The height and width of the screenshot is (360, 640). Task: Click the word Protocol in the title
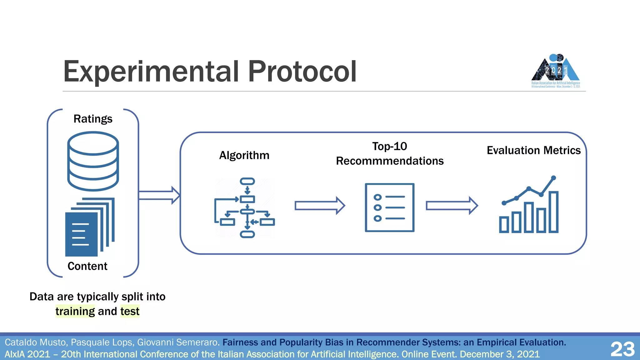click(302, 72)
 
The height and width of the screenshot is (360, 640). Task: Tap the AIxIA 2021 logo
click(556, 71)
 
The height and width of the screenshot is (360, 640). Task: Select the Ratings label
click(93, 119)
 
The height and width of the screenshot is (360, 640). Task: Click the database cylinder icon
click(93, 161)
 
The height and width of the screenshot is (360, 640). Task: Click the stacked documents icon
click(89, 227)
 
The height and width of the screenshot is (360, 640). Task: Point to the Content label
click(87, 266)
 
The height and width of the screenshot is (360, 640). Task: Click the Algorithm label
click(244, 155)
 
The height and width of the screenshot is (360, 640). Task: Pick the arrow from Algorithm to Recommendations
click(320, 206)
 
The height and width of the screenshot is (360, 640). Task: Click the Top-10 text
click(389, 146)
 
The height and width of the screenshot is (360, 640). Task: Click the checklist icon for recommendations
click(390, 207)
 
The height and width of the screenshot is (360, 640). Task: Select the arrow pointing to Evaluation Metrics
click(452, 206)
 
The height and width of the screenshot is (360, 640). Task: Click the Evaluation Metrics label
click(533, 150)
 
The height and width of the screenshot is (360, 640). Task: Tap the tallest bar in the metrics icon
click(553, 212)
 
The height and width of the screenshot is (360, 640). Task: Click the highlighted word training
click(75, 311)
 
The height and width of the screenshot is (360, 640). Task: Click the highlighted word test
click(130, 311)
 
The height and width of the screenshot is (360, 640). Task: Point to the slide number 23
click(622, 349)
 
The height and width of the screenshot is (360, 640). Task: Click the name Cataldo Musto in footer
click(36, 342)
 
